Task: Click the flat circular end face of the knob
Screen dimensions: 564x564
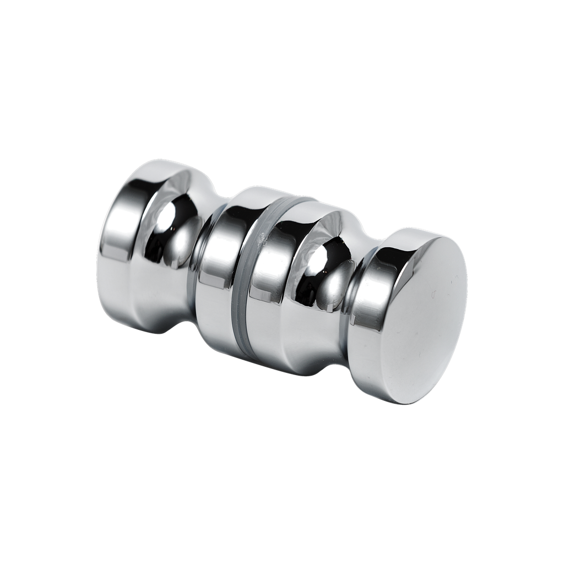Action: (x=424, y=319)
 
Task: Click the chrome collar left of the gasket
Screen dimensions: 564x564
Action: (x=218, y=264)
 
